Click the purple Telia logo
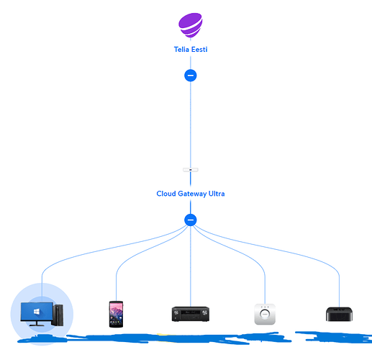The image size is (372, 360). click(x=191, y=25)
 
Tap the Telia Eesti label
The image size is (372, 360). click(x=191, y=50)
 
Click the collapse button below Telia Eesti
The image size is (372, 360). click(x=191, y=76)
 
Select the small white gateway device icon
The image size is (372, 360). click(x=191, y=170)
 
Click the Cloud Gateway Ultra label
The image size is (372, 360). click(x=191, y=194)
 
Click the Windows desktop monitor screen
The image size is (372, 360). click(x=37, y=311)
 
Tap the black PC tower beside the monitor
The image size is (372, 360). click(x=58, y=315)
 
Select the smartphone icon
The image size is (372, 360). click(x=116, y=314)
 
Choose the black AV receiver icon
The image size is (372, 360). click(x=191, y=314)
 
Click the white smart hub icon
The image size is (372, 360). click(x=265, y=314)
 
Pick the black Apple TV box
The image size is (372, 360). click(x=339, y=314)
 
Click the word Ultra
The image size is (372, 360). click(x=217, y=194)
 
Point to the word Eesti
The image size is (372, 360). click(x=199, y=50)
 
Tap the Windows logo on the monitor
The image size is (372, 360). click(x=37, y=312)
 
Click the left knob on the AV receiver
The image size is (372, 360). click(x=176, y=312)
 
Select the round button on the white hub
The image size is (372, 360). click(x=265, y=314)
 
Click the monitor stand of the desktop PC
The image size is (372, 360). click(x=37, y=323)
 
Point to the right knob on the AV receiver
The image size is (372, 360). click(x=204, y=312)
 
